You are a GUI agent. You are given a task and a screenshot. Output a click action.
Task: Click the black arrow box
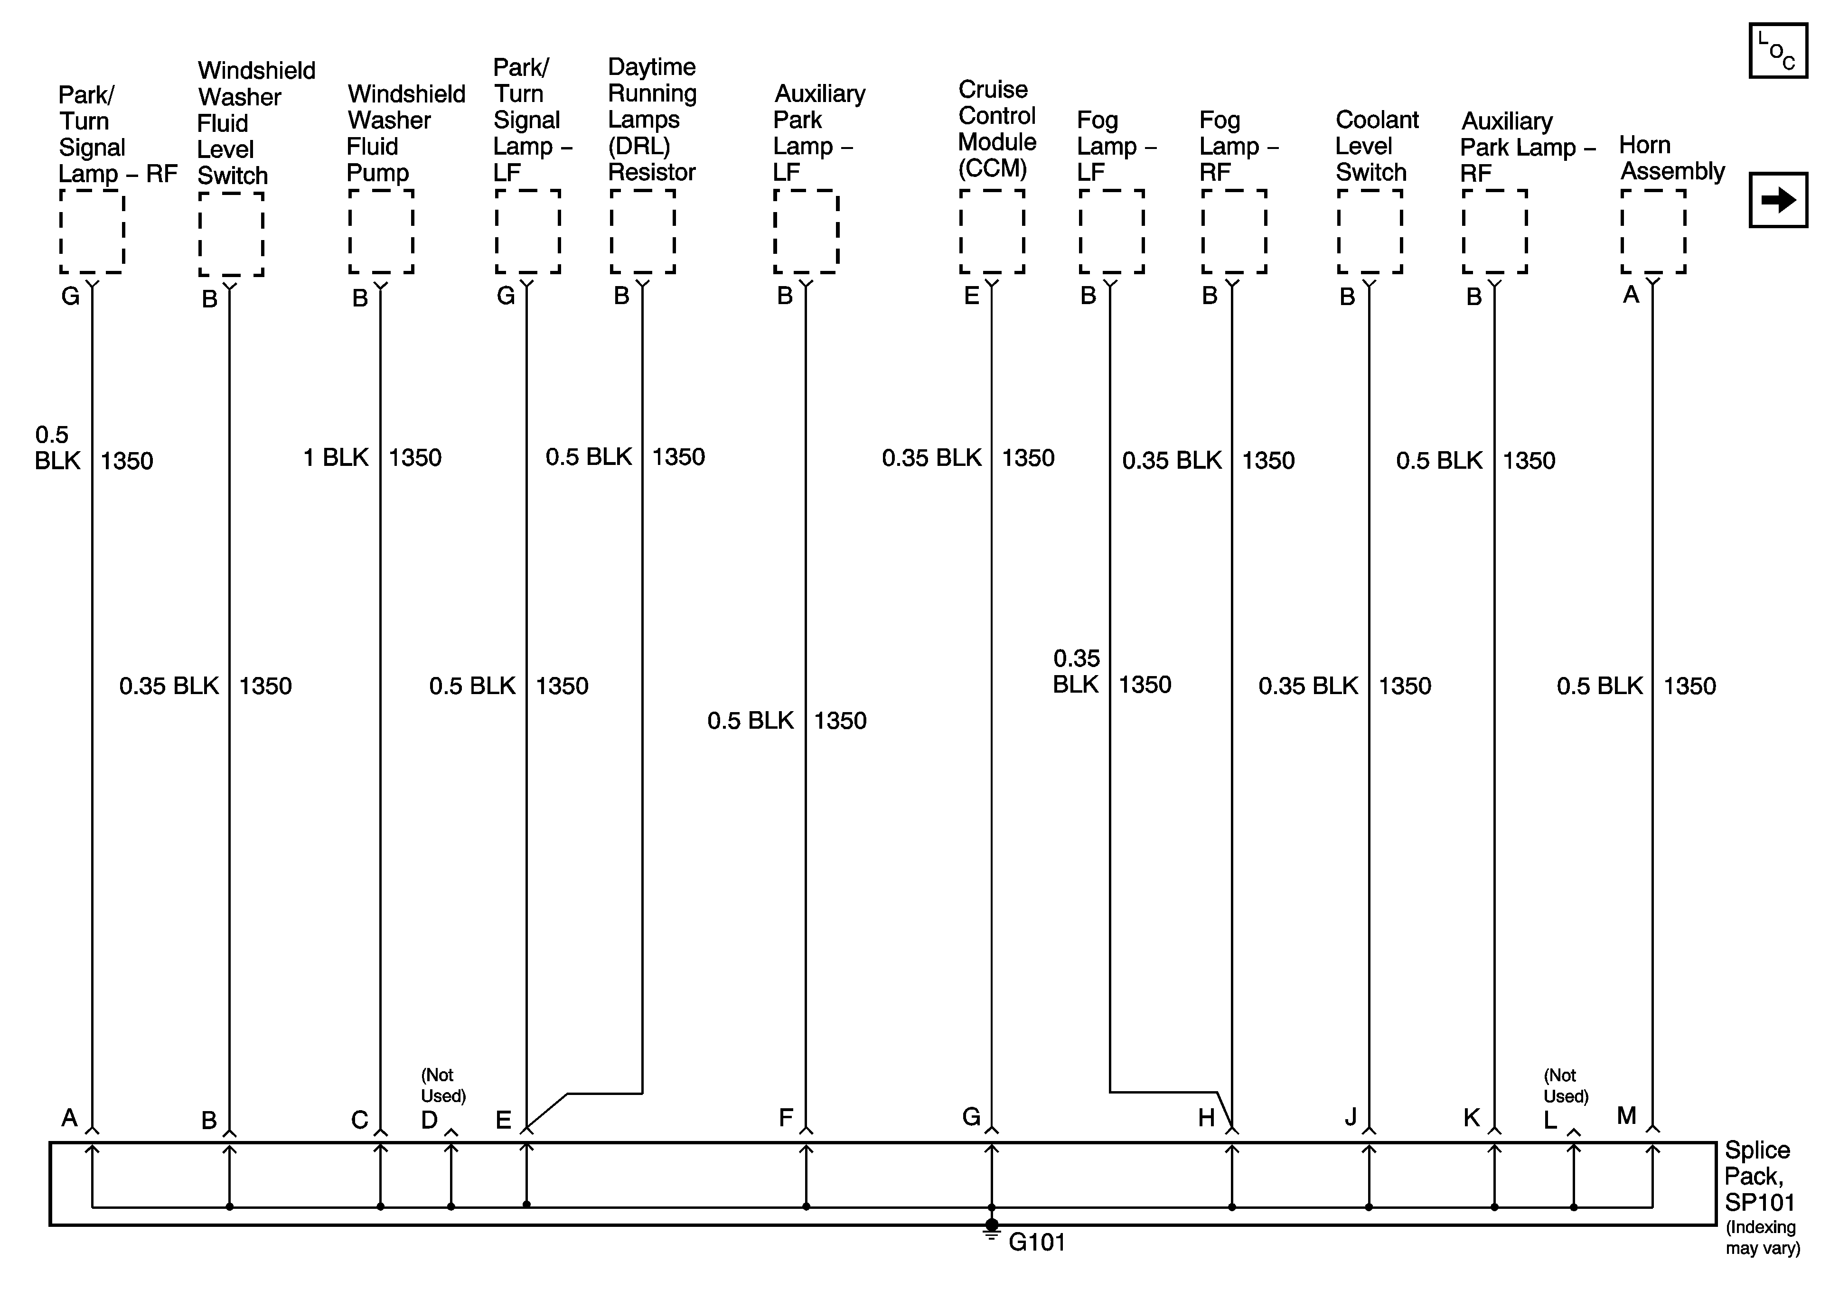(1777, 200)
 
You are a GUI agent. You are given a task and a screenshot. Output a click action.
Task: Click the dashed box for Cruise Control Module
(992, 232)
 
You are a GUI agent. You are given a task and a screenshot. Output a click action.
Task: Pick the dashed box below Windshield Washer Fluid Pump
(380, 232)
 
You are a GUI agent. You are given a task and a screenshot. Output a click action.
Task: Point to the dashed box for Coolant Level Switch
(1369, 232)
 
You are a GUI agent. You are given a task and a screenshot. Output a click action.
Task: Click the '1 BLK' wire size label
(336, 457)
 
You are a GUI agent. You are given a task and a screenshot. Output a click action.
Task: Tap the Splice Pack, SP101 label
(1759, 1176)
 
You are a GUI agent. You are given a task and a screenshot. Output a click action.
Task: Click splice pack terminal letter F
(786, 1118)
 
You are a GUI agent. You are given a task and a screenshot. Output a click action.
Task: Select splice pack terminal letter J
(1351, 1118)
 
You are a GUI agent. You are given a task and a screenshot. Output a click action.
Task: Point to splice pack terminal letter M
(1626, 1115)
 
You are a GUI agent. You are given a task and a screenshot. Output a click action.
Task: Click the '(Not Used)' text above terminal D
(443, 1085)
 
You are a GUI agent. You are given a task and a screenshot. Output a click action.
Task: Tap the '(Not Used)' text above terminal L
(1566, 1085)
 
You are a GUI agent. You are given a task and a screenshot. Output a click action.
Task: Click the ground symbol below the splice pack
(992, 1233)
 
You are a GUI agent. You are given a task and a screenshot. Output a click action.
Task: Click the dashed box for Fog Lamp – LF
(1111, 232)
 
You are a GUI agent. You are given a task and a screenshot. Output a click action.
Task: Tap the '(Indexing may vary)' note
(1762, 1238)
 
